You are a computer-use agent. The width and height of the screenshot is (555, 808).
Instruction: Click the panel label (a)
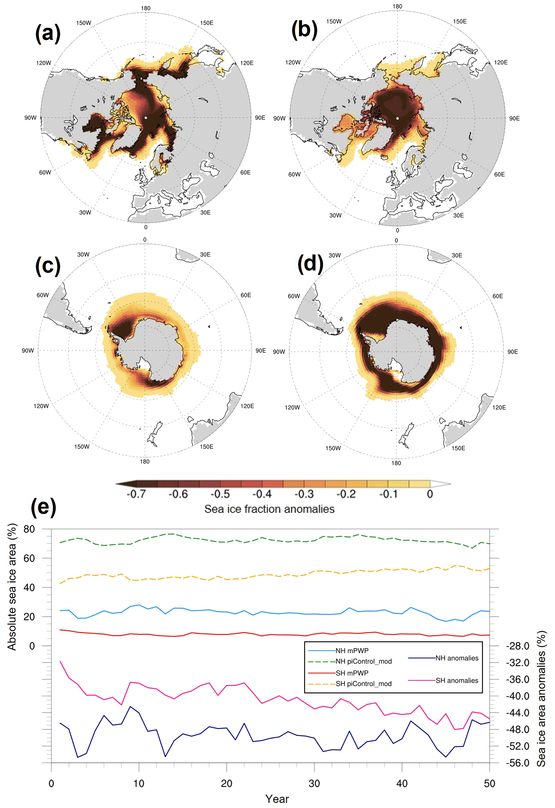48,34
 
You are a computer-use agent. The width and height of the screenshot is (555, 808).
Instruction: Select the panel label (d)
310,264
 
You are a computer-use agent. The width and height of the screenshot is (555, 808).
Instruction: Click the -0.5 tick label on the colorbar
220,494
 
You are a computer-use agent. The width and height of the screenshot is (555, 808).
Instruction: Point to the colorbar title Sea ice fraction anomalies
269,509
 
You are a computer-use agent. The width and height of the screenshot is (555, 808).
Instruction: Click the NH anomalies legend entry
457,658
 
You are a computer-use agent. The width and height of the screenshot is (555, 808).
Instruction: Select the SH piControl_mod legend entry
363,684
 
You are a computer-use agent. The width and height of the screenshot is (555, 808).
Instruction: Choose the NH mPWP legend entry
352,651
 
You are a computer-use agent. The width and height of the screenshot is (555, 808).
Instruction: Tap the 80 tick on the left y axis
30,529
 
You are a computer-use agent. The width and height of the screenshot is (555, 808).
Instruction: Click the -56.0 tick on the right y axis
518,763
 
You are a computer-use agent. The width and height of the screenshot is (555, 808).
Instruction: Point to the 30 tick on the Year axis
314,783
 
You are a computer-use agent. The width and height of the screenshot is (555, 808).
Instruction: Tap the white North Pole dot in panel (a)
146,118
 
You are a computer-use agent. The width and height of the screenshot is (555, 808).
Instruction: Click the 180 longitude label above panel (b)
397,7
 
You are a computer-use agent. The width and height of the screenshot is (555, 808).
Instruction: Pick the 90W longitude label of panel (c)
28,351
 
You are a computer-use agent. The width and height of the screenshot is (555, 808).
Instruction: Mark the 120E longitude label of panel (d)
499,407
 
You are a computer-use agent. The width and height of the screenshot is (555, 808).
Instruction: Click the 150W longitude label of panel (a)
84,23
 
